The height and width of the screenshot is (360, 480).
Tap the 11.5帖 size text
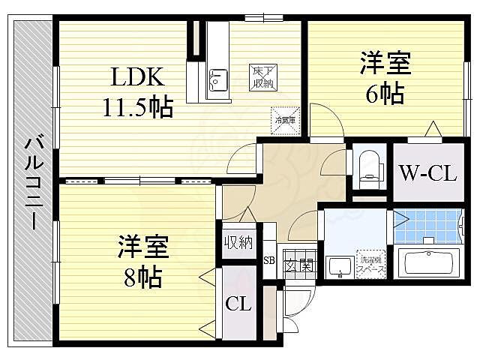point(138,108)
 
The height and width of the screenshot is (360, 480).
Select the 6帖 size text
point(386,93)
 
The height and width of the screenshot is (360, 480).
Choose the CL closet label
point(239,305)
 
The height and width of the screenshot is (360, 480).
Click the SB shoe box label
point(269,261)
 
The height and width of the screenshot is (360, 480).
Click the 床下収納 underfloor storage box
point(262,76)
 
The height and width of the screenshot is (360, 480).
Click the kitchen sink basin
point(218,78)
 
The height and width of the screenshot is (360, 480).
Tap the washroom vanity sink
point(340,266)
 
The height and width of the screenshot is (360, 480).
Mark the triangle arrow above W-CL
point(433,130)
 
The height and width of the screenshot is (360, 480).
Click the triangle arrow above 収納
point(247,216)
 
